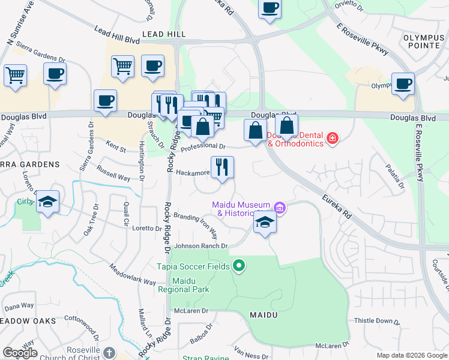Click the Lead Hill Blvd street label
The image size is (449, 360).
click(117, 38)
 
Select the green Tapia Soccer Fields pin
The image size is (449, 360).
click(239, 265)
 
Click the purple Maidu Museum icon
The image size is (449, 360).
click(279, 208)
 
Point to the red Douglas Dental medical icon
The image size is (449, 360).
click(332, 139)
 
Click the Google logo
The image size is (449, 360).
click(20, 352)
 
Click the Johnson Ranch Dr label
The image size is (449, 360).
click(201, 246)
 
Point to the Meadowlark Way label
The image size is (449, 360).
click(133, 274)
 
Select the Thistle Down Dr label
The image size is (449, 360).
click(377, 322)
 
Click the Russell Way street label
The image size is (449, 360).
click(115, 178)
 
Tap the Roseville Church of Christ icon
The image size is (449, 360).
click(109, 352)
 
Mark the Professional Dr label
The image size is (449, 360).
click(203, 146)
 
